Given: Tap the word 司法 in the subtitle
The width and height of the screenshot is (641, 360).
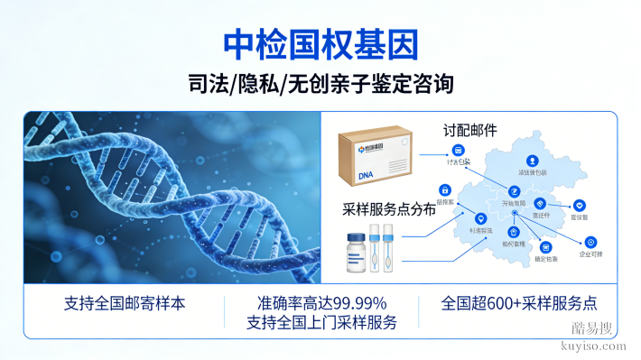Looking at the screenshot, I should pyautogui.click(x=208, y=85).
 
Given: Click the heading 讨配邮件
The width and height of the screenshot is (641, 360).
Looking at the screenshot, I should pyautogui.click(x=469, y=129).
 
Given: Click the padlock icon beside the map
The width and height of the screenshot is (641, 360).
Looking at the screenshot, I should pyautogui.click(x=444, y=190).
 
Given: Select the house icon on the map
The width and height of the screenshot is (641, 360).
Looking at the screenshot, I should pyautogui.click(x=514, y=231).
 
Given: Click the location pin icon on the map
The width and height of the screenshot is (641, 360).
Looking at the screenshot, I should pyautogui.click(x=478, y=217).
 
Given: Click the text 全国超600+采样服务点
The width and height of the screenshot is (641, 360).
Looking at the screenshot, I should pyautogui.click(x=519, y=303).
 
